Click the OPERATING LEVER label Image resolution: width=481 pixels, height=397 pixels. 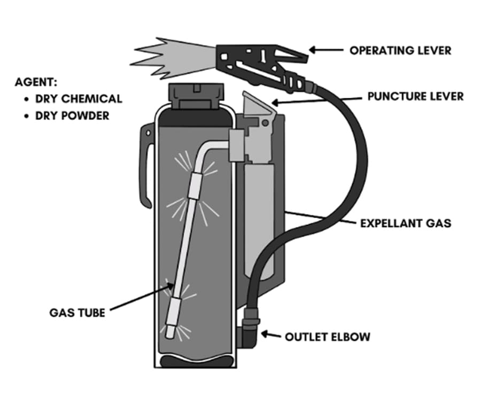click(x=400, y=50)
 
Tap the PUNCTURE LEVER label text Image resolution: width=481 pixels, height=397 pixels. click(x=415, y=97)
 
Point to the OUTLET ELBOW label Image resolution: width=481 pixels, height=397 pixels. click(x=327, y=337)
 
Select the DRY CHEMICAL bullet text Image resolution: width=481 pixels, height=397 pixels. click(x=79, y=99)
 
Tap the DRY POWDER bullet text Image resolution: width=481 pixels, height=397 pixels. click(x=72, y=115)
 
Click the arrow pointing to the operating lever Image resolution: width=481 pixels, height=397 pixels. click(x=326, y=50)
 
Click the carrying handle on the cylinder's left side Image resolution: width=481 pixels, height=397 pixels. click(x=145, y=166)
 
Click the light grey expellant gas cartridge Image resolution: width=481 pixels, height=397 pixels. click(x=260, y=214)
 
